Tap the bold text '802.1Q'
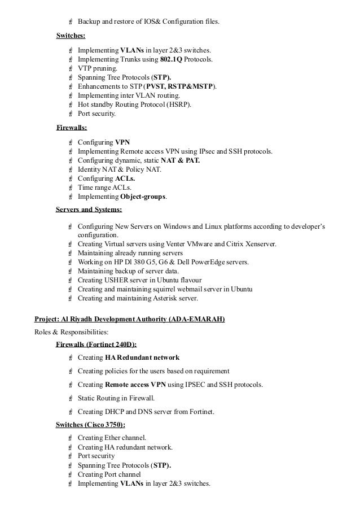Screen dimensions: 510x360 [177, 59]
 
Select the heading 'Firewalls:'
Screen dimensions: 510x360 [72, 128]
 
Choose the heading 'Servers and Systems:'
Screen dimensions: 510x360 [89, 210]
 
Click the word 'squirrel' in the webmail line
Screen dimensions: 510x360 [160, 290]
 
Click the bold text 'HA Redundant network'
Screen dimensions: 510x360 [142, 358]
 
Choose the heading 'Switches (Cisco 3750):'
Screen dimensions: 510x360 [90, 425]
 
